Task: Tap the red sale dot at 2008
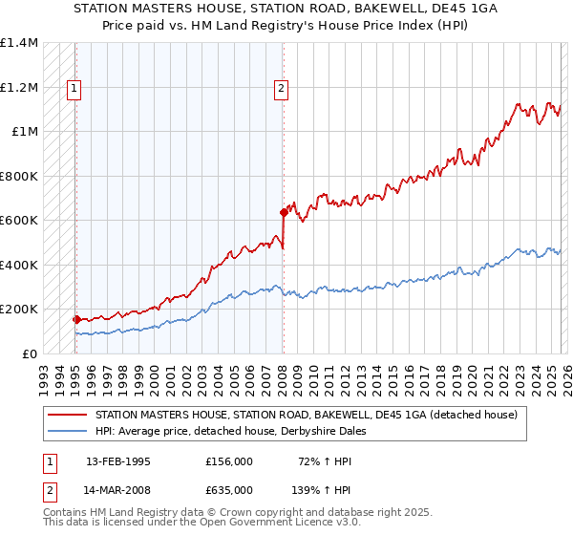[284, 212]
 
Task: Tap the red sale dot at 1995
[75, 319]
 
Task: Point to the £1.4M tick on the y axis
[19, 43]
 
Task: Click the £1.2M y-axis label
[19, 87]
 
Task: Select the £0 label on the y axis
[31, 353]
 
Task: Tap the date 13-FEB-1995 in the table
[118, 461]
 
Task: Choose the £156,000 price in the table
[228, 461]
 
